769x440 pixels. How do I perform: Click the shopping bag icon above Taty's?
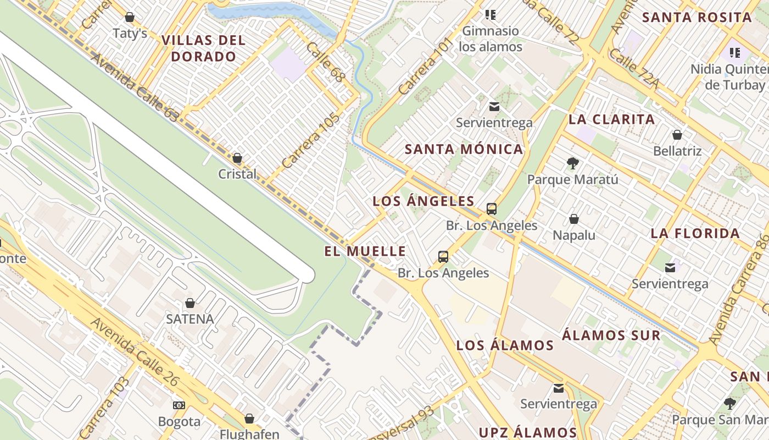[x=130, y=17]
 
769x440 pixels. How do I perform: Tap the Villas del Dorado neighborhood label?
[x=204, y=48]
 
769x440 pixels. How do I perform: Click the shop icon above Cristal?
[x=237, y=158]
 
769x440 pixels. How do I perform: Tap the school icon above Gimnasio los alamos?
[x=491, y=15]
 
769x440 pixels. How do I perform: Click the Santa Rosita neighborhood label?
[x=697, y=17]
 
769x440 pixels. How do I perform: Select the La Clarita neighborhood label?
[x=611, y=119]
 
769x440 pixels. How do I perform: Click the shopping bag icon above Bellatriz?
[x=677, y=135]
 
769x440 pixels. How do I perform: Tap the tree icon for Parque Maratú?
[x=572, y=163]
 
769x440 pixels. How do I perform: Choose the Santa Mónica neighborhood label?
[x=464, y=149]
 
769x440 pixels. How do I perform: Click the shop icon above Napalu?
[x=574, y=219]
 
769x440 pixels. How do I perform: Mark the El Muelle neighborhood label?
[x=365, y=251]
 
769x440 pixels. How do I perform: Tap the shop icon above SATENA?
[x=190, y=303]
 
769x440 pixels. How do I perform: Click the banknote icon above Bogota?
[x=179, y=405]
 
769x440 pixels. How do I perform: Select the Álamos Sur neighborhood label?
[x=611, y=335]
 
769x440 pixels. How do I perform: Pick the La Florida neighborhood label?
[x=695, y=233]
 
